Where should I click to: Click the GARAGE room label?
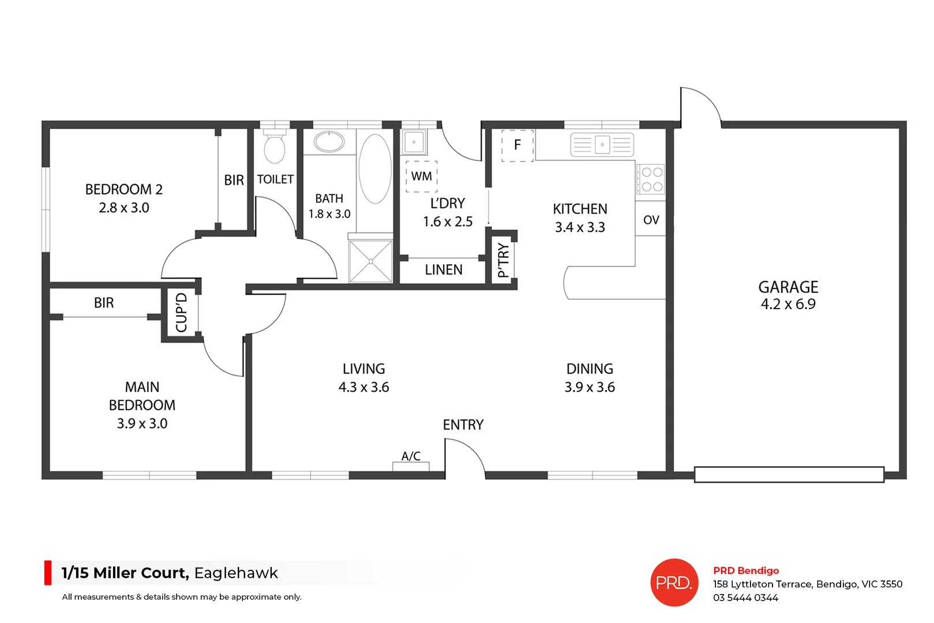tap(787, 287)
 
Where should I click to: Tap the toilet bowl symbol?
tap(275, 149)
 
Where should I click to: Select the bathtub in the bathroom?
tap(375, 168)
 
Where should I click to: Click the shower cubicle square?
tap(370, 261)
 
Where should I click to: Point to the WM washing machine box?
tap(421, 176)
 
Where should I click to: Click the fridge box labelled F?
tap(517, 145)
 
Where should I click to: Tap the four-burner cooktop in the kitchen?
tap(651, 179)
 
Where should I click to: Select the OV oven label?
tap(651, 220)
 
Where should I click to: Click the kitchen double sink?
tap(602, 144)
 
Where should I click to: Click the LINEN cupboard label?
tap(443, 270)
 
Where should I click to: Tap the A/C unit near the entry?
tap(411, 464)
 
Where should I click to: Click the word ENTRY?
tap(463, 425)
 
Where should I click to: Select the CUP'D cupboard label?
tap(181, 313)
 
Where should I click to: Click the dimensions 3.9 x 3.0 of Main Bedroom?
tap(142, 423)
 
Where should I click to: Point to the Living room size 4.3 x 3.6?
tap(363, 387)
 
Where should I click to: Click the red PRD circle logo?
tap(674, 583)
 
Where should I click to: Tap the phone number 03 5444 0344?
tap(745, 598)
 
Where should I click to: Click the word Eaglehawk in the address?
tap(236, 573)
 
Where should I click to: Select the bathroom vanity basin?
tap(329, 142)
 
